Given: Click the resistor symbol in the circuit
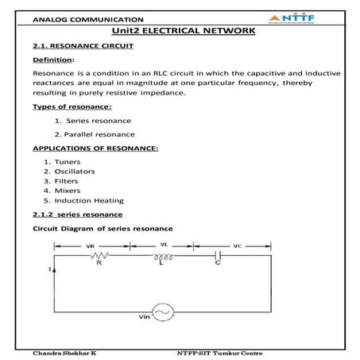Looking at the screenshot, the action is coord(101,257).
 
